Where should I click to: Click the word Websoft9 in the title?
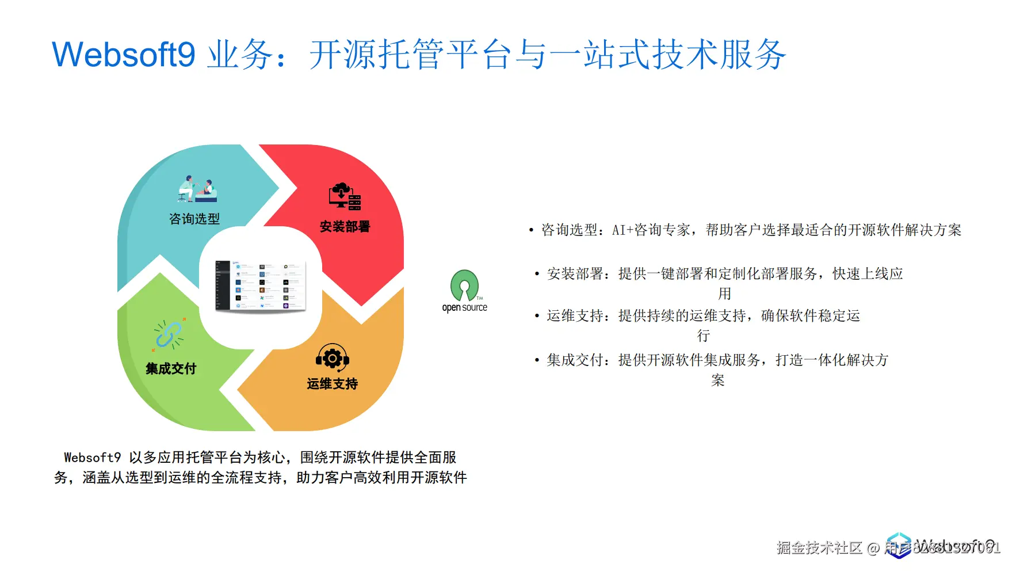click(x=123, y=55)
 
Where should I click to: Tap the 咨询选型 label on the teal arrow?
click(x=194, y=219)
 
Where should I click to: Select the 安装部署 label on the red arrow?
click(x=345, y=227)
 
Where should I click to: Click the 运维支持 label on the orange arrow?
click(x=332, y=384)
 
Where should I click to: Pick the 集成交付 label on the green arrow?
click(x=171, y=369)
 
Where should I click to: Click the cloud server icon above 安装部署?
click(x=345, y=196)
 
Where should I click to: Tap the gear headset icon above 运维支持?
click(x=332, y=358)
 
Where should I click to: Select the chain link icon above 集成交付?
click(x=169, y=334)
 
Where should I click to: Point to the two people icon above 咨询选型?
click(x=197, y=189)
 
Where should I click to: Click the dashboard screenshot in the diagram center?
click(x=261, y=286)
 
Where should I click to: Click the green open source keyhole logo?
click(x=464, y=285)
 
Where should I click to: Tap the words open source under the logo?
click(x=464, y=308)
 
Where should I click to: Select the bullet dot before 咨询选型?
click(x=531, y=231)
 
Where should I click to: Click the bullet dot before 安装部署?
click(x=537, y=274)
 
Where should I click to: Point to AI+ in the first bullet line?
click(x=622, y=230)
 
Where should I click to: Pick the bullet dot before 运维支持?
click(x=537, y=316)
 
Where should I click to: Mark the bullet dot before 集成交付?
click(x=537, y=360)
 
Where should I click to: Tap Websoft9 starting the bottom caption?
click(x=92, y=458)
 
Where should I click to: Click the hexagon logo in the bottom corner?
click(x=898, y=545)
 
